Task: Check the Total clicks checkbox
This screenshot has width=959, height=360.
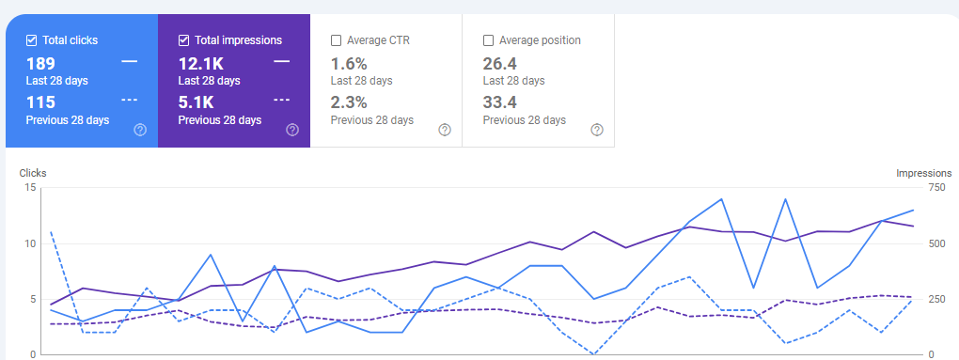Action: tap(32, 40)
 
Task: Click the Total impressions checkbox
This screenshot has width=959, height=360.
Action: tap(184, 40)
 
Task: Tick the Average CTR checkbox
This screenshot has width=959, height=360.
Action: tap(336, 40)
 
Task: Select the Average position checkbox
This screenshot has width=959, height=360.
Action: tap(488, 40)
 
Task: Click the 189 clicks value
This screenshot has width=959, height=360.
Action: tap(40, 63)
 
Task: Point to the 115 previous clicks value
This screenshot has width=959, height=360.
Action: tap(40, 102)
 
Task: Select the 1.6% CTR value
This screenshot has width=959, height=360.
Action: tap(349, 63)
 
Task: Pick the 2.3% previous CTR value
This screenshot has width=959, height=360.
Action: tap(349, 102)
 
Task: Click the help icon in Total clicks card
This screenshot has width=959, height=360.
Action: tap(140, 130)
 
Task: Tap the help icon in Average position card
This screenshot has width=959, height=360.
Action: tap(596, 130)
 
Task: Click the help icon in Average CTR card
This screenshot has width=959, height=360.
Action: tap(445, 130)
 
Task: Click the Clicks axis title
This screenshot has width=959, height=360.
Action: tap(33, 173)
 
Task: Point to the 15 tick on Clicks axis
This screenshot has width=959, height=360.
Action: tap(30, 188)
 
